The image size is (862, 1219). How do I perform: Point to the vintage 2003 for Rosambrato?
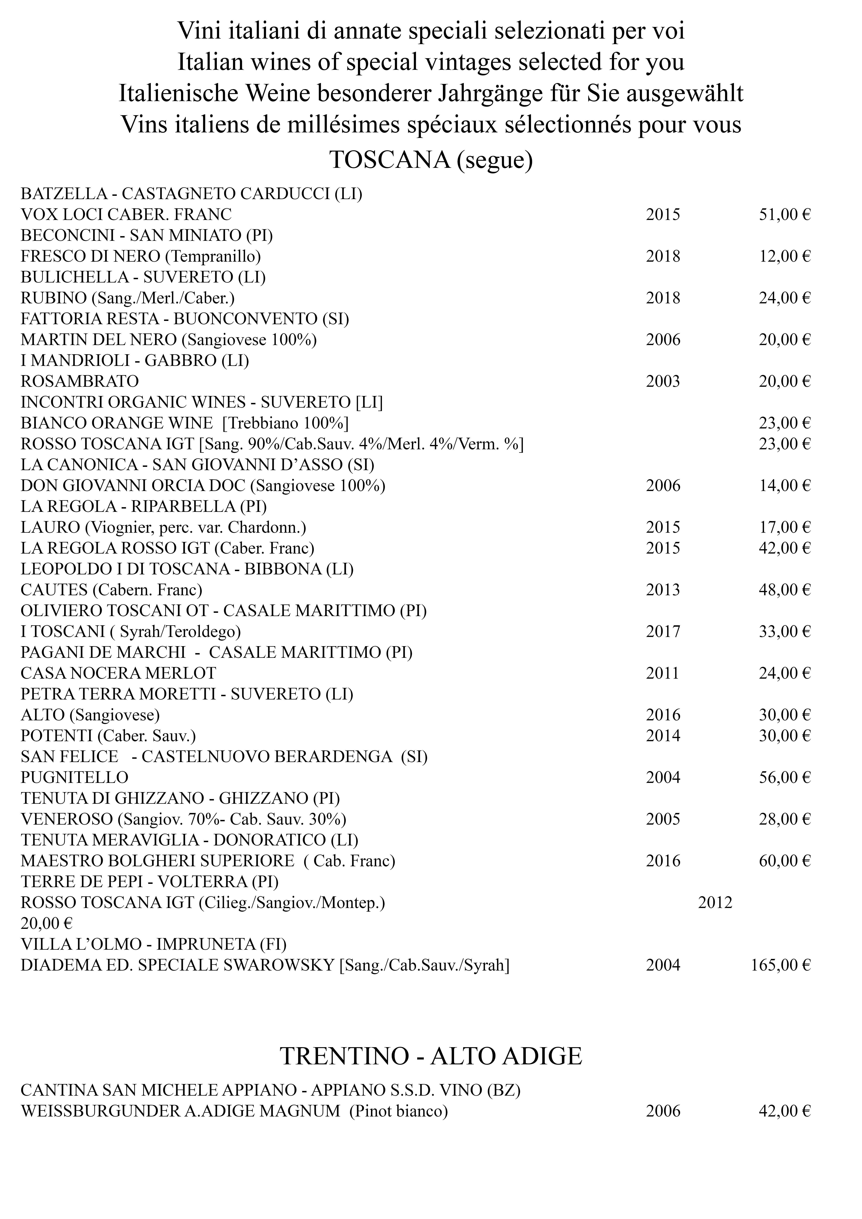(x=663, y=381)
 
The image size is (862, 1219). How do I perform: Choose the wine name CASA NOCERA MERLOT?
(x=119, y=673)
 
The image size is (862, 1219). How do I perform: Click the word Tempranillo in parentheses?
(x=213, y=256)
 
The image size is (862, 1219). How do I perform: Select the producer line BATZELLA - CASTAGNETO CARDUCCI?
(x=191, y=194)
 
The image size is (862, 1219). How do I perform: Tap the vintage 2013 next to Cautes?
(x=663, y=590)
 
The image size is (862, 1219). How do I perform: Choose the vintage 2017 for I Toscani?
(x=663, y=631)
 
